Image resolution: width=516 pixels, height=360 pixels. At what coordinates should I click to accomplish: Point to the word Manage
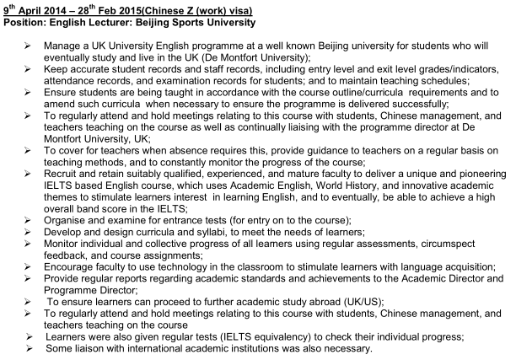pos(66,43)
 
